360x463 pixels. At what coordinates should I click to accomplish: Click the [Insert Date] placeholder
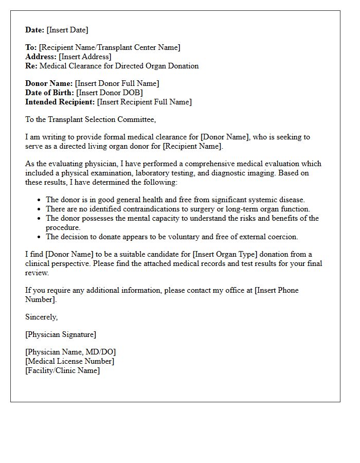[67, 30]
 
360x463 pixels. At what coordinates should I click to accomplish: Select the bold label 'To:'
[31, 47]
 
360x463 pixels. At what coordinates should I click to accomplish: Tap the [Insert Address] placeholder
[85, 57]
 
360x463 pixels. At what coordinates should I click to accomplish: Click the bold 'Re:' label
[31, 66]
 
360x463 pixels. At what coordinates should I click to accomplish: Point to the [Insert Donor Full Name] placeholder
[117, 83]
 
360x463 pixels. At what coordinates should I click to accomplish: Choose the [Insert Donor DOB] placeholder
[109, 93]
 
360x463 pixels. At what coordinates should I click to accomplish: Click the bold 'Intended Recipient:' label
[60, 102]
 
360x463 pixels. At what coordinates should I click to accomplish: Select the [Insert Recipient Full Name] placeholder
[144, 102]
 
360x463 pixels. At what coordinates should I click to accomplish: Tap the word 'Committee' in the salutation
[136, 119]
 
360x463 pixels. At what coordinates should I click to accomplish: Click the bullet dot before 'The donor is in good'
[40, 200]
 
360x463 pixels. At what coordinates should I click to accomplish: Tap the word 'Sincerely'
[41, 317]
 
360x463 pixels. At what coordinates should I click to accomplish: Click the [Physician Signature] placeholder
[61, 334]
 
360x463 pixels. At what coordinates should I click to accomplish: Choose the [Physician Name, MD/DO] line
[70, 352]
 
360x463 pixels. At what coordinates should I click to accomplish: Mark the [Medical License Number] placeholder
[69, 361]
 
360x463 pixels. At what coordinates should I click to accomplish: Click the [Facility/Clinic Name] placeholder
[62, 370]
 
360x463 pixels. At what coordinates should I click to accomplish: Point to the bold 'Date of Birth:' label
[50, 93]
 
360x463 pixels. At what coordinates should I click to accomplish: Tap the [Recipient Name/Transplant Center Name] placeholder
[110, 47]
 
